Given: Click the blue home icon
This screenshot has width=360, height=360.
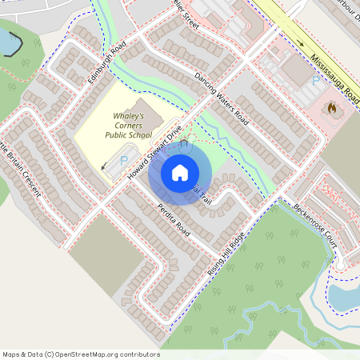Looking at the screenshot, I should point(180,172).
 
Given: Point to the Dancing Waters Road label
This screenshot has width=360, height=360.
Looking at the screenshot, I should point(222,101).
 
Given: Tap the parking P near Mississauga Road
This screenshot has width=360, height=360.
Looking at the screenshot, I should point(316,81).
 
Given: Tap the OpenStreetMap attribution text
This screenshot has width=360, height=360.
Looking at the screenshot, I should point(81,354).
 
